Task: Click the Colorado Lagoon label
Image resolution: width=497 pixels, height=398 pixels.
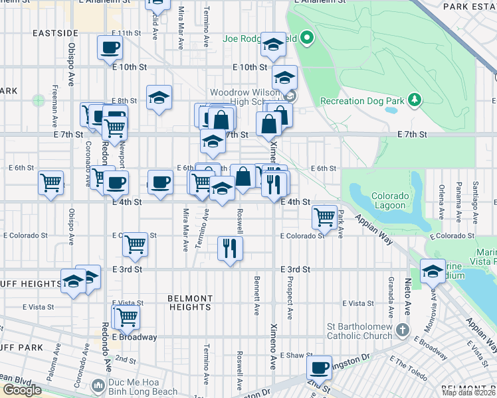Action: point(389,200)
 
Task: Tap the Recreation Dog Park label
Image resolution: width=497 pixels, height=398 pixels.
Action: point(362,101)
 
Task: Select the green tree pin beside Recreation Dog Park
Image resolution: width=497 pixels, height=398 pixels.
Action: point(415,99)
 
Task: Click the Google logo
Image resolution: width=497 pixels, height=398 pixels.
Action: point(21,390)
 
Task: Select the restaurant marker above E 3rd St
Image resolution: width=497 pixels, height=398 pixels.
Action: point(230,249)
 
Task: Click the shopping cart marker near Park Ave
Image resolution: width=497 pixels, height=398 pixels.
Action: point(324,216)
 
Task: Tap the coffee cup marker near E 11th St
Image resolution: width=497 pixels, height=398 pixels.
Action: point(110,47)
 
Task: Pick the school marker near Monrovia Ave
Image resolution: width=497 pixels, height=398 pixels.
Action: point(433,270)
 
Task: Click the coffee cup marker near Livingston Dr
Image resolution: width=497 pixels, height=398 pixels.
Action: point(320,367)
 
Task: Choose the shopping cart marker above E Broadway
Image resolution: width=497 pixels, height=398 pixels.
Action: point(126,316)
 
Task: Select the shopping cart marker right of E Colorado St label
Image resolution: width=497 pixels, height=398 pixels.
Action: point(136,244)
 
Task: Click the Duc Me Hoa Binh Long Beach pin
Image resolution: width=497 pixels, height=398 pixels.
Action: point(98,385)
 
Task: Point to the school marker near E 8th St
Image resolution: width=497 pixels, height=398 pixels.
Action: point(159,98)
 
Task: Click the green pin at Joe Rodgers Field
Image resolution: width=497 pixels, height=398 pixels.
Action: point(306,38)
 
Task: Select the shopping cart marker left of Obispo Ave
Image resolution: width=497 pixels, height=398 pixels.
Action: point(50,182)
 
